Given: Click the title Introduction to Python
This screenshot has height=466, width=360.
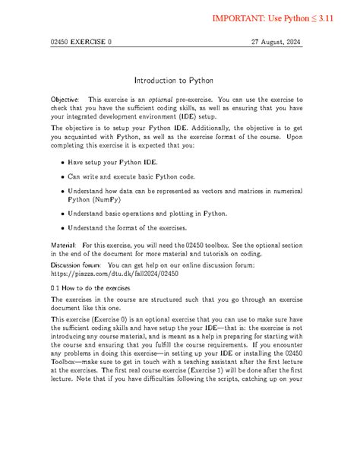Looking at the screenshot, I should coord(179,80).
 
